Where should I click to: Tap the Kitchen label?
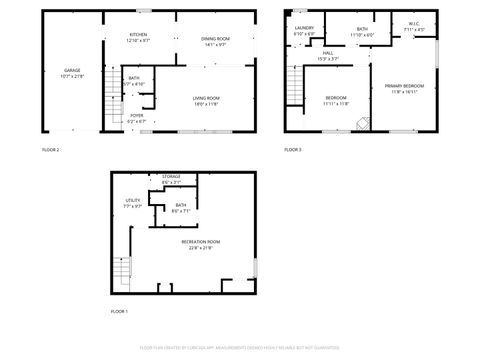pyautogui.click(x=138, y=37)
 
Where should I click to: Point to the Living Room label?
pyautogui.click(x=206, y=99)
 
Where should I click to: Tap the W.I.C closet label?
pyautogui.click(x=415, y=25)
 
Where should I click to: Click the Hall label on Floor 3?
pyautogui.click(x=328, y=56)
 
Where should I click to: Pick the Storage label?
pyautogui.click(x=172, y=180)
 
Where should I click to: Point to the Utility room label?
pyautogui.click(x=133, y=203)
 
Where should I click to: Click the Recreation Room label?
pyautogui.click(x=201, y=245)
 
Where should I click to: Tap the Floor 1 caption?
pyautogui.click(x=120, y=312)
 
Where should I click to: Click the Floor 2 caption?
pyautogui.click(x=50, y=149)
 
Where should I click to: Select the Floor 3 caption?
pyautogui.click(x=292, y=149)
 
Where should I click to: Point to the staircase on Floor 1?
pyautogui.click(x=122, y=265)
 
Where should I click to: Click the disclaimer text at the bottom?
pyautogui.click(x=239, y=347)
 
